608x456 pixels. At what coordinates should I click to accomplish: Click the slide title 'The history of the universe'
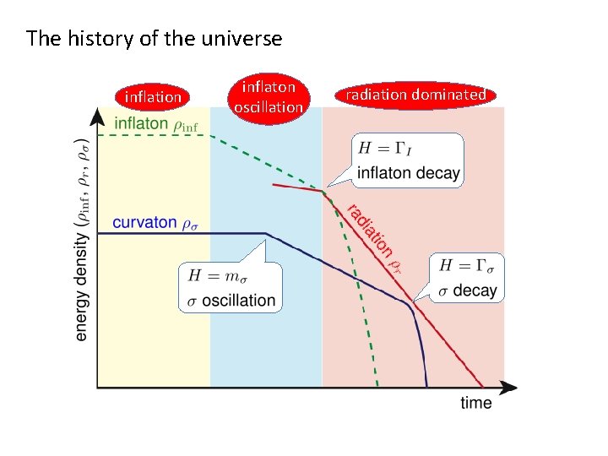(x=154, y=39)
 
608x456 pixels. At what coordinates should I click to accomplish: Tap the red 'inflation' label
(x=153, y=97)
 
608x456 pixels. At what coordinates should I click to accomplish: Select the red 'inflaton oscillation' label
(x=269, y=97)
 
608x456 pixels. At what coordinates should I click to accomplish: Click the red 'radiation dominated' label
(x=415, y=95)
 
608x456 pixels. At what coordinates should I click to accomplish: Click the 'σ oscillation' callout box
(x=231, y=287)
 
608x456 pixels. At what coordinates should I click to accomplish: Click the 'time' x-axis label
(x=476, y=403)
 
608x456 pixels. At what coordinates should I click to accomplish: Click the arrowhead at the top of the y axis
(x=99, y=116)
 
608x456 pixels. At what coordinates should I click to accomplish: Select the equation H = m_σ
(x=216, y=275)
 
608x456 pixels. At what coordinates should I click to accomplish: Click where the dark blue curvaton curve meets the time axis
(x=427, y=388)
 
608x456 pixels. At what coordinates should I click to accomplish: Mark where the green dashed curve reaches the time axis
(x=377, y=388)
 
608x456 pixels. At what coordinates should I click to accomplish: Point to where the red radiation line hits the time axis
(x=484, y=388)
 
